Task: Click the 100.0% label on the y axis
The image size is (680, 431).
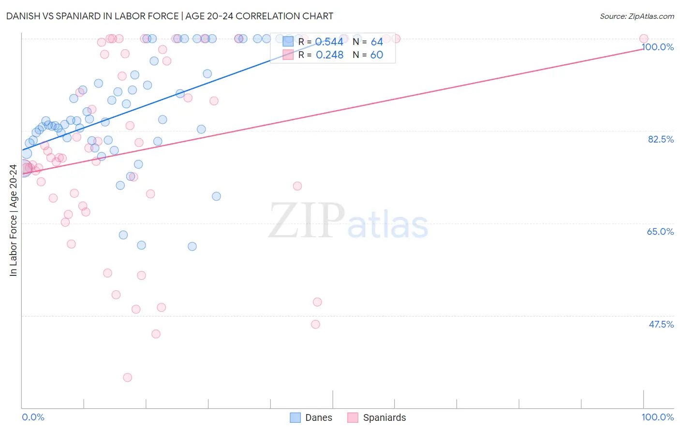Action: (x=658, y=47)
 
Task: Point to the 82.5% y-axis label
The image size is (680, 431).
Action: (x=661, y=139)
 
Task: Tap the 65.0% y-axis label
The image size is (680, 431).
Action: (x=660, y=231)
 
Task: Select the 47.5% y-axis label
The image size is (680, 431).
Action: (x=661, y=324)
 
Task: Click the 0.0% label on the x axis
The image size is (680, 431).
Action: (x=33, y=417)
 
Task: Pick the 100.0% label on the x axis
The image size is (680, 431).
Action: (x=657, y=417)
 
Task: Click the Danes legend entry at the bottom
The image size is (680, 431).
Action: (x=311, y=417)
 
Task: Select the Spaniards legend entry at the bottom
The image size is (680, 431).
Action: (x=377, y=417)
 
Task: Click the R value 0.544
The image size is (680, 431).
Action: (x=329, y=42)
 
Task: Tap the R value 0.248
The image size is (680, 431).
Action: (x=329, y=55)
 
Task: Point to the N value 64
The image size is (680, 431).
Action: (x=377, y=42)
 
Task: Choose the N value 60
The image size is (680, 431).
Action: (x=377, y=55)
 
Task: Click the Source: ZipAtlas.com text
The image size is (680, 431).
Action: (x=636, y=16)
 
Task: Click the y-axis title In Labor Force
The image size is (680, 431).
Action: (x=13, y=220)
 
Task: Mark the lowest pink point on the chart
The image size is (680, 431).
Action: (x=127, y=377)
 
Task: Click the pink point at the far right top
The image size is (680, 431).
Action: (x=643, y=39)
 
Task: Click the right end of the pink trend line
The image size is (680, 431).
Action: (x=643, y=48)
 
